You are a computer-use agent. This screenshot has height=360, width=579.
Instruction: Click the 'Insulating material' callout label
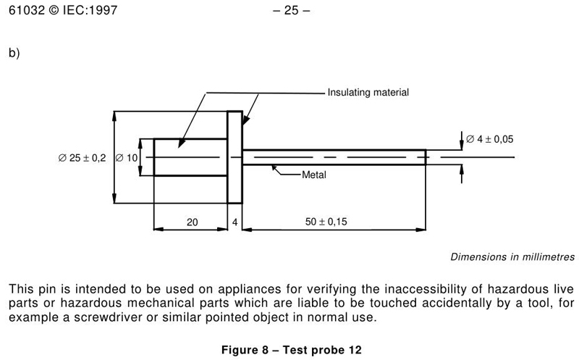point(368,93)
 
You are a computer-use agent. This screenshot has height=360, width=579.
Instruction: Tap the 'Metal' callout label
point(315,175)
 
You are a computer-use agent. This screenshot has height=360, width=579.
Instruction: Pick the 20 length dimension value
point(192,222)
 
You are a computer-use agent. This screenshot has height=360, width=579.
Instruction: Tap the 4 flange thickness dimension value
point(235,222)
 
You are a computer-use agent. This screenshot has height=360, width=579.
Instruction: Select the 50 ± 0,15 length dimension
point(327,222)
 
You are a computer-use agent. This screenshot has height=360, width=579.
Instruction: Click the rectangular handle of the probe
point(190,157)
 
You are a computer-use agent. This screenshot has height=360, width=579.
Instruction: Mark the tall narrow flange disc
point(235,157)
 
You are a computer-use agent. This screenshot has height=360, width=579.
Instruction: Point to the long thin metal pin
point(333,157)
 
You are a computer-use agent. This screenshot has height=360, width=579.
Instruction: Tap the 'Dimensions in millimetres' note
point(512,256)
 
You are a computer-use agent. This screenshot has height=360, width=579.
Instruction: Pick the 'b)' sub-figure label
point(14,54)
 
